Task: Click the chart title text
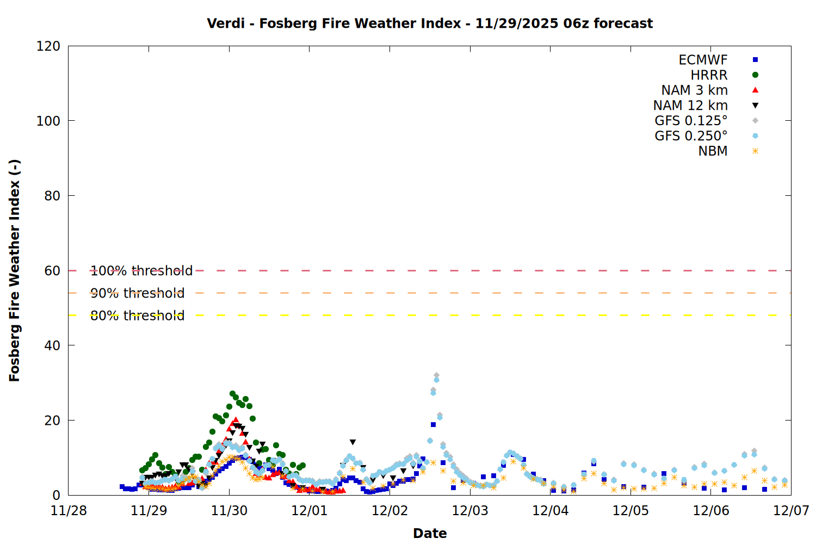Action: (430, 23)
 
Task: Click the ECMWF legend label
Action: (703, 60)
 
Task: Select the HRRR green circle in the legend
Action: (755, 75)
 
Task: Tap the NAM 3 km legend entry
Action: (694, 90)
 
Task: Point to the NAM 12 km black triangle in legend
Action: (755, 106)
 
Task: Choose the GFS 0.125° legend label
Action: (691, 121)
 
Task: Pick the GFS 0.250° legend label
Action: (691, 136)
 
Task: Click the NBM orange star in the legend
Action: (755, 151)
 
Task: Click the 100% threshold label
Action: (141, 271)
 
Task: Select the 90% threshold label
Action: (138, 293)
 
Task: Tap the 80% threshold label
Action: (138, 316)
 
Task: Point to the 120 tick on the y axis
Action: (48, 46)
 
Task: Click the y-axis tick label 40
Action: (52, 345)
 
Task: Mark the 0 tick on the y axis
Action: (57, 495)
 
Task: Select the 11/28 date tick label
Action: (69, 511)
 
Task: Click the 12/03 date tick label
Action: (470, 511)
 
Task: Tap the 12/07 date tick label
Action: (791, 511)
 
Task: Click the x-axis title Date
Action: (430, 533)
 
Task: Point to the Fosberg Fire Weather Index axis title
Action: (14, 270)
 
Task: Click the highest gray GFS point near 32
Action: (436, 375)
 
